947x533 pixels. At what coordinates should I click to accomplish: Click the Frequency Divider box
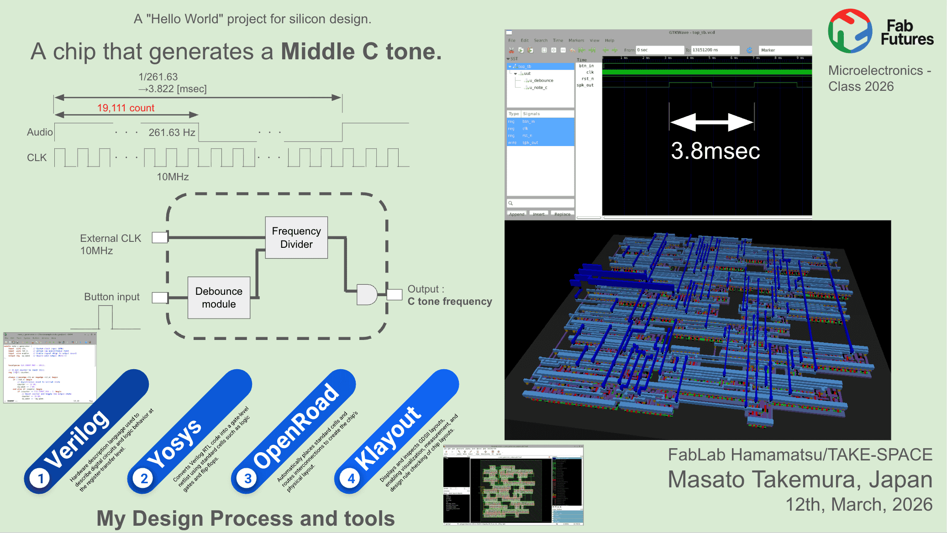pos(296,237)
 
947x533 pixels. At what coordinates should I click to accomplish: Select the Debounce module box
pos(219,298)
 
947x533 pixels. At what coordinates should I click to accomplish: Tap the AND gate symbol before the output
pos(366,294)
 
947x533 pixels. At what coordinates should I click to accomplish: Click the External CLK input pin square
pos(159,237)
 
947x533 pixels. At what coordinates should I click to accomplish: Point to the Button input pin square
pos(159,298)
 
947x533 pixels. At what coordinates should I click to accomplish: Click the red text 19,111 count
pos(126,108)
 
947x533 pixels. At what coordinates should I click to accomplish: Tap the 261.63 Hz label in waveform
pos(172,132)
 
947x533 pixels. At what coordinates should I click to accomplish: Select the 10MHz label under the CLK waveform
pos(173,177)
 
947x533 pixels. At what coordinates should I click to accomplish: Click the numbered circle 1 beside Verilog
pos(40,479)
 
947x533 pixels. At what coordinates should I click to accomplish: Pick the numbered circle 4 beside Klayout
pos(351,479)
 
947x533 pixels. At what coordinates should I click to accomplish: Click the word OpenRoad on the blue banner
pos(296,426)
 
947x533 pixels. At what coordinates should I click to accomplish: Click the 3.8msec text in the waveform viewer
pos(715,151)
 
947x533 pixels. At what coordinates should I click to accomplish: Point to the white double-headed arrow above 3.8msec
pos(711,122)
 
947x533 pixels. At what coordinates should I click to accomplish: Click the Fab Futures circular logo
pos(850,31)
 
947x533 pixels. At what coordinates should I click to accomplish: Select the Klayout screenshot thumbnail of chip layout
pos(513,485)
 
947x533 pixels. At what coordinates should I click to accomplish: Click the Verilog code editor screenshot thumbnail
pos(49,368)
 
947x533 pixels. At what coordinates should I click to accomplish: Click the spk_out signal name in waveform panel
pos(585,85)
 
